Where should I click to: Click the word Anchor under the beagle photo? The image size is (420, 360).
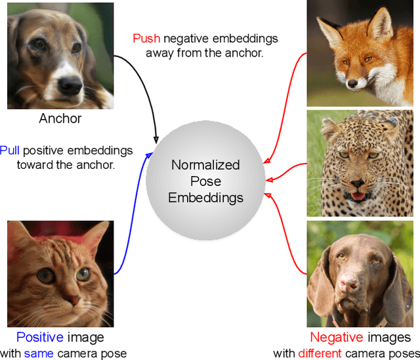coord(60,119)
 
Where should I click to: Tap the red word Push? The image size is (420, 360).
coord(146,38)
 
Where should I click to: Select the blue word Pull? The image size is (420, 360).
coord(10,150)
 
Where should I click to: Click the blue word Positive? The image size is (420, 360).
coord(39,338)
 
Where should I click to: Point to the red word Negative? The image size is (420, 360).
coord(336,338)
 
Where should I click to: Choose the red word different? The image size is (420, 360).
coord(320,353)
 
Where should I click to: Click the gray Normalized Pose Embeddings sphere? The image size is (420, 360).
coord(205,180)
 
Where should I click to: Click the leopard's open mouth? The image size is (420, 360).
coord(358,194)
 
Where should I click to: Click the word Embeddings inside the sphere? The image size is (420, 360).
coord(205,198)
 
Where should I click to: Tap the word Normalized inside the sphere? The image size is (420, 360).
coord(205,164)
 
